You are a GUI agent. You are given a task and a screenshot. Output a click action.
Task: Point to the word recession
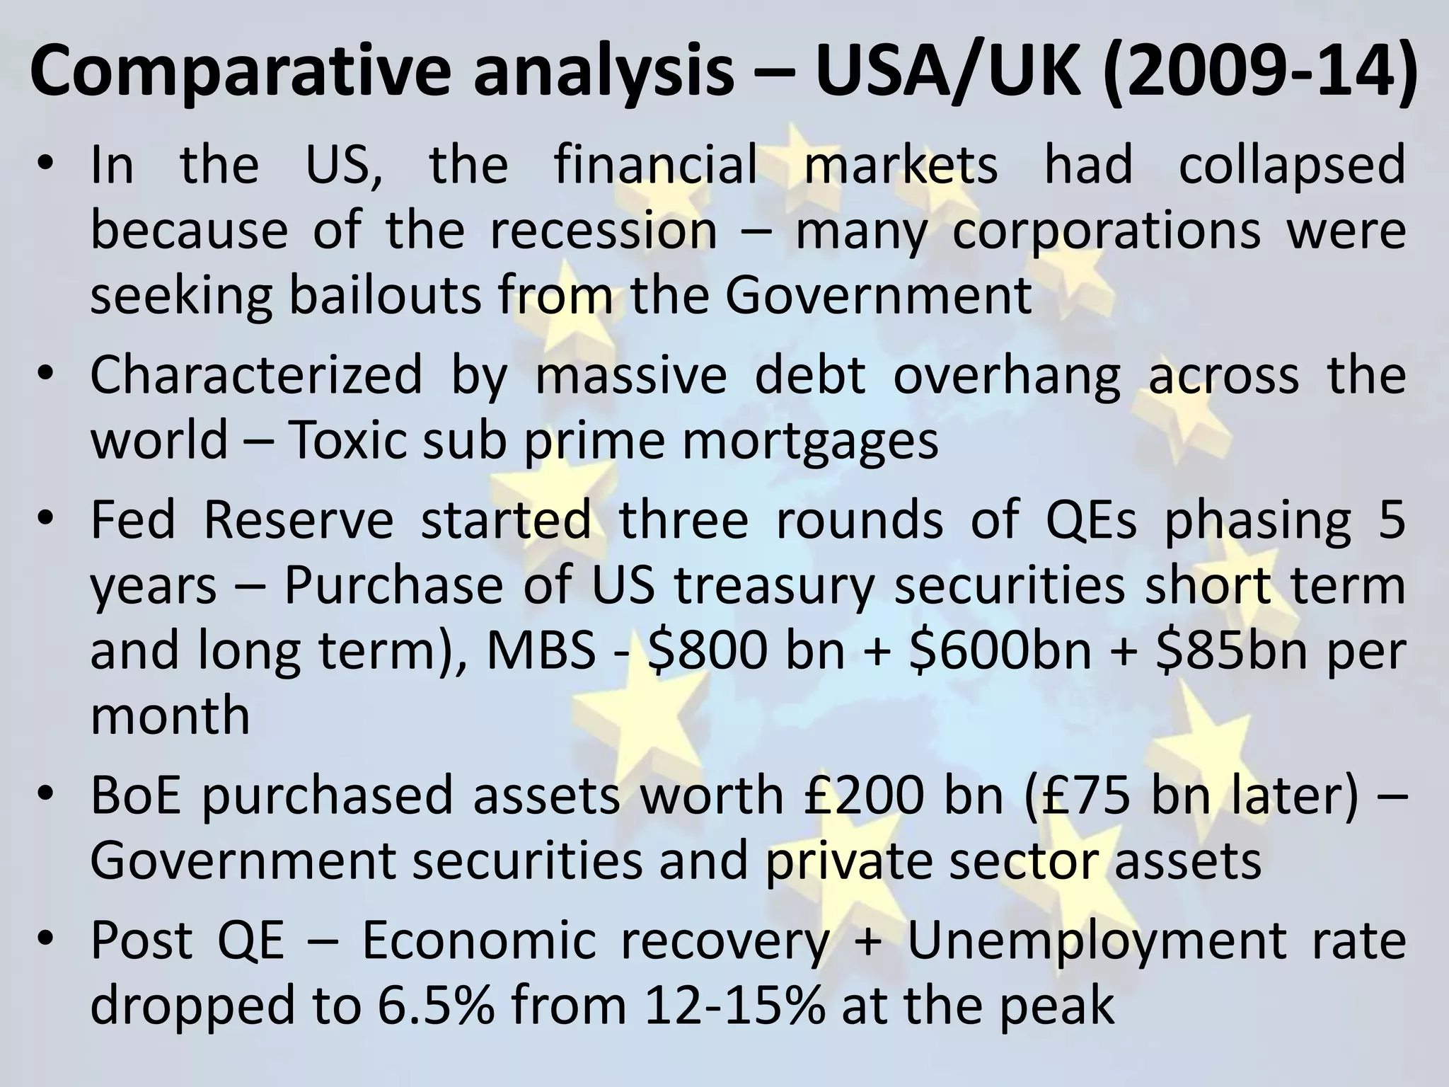[x=604, y=231]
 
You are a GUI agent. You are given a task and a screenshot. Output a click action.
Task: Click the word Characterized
[x=256, y=375]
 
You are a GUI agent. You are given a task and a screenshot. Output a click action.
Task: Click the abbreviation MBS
[x=541, y=651]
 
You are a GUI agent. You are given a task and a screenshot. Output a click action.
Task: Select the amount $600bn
[x=1000, y=651]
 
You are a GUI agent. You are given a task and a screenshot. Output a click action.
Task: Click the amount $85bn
[x=1231, y=651]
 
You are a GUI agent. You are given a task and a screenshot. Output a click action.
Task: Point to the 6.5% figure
[x=436, y=1005]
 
